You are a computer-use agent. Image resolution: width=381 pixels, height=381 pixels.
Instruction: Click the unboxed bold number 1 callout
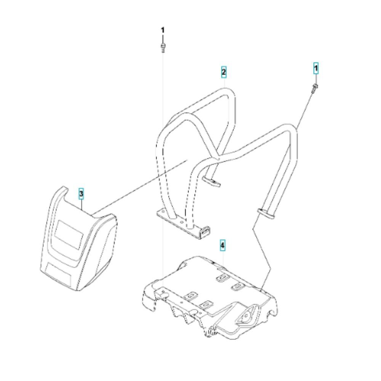[163, 30]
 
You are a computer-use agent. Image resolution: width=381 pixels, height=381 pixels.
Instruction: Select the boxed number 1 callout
[316, 69]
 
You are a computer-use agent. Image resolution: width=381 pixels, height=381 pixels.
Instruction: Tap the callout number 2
[224, 72]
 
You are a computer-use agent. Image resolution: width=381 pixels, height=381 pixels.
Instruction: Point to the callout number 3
[81, 194]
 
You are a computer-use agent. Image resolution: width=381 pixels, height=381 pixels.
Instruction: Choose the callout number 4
[223, 245]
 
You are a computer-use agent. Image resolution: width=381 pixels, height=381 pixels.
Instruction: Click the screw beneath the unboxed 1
[163, 47]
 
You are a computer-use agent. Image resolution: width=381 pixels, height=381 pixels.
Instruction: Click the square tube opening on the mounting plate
[205, 231]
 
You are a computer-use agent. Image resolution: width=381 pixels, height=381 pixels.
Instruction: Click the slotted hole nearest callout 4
[222, 277]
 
